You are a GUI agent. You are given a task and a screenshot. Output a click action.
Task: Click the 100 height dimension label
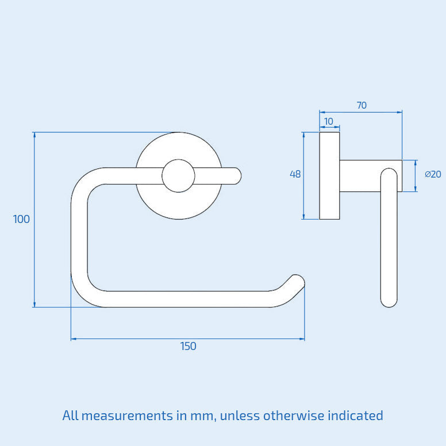(x=21, y=219)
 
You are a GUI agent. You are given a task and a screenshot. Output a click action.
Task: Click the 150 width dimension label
(x=188, y=346)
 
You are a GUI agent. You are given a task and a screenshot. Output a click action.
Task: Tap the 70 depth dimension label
(x=362, y=105)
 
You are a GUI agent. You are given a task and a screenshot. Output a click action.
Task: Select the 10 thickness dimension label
(x=329, y=121)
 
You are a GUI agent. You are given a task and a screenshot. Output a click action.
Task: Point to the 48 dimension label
(x=295, y=174)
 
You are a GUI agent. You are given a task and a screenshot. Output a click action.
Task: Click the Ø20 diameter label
(x=433, y=174)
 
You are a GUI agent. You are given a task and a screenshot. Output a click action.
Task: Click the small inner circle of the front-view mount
(x=178, y=176)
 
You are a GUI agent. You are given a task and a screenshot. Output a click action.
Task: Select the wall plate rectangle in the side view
(x=329, y=176)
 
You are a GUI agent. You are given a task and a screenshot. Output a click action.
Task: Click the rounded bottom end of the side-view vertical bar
(x=389, y=300)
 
